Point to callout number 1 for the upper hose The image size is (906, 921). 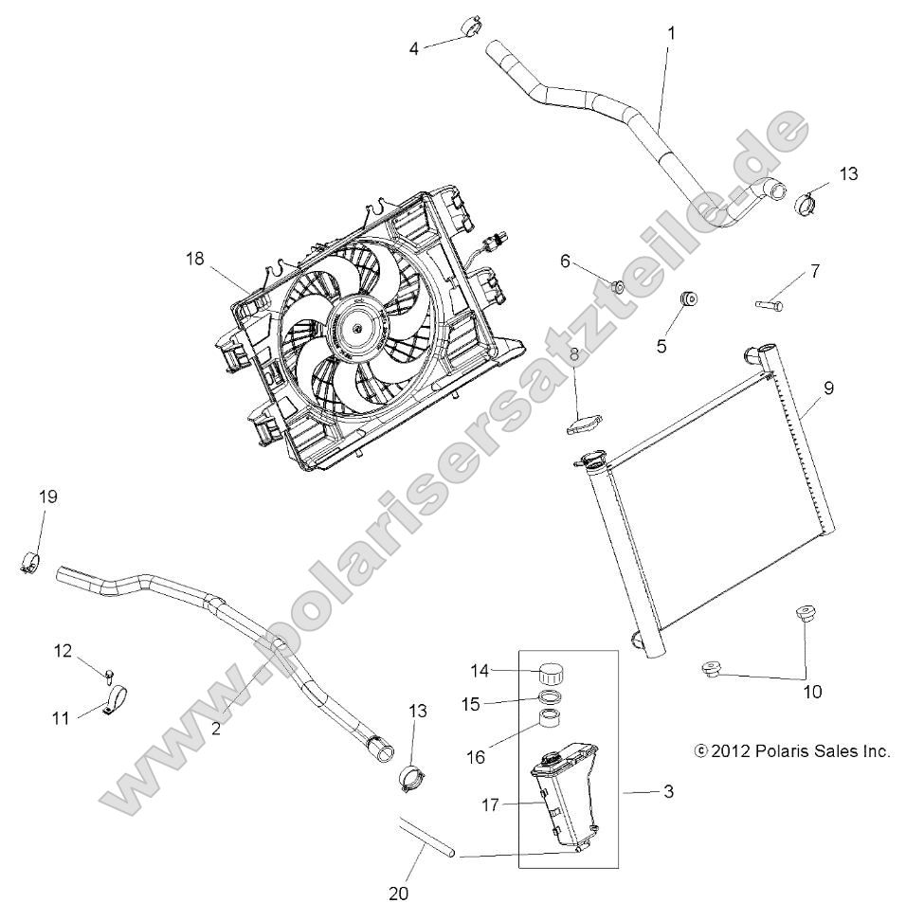pyautogui.click(x=671, y=32)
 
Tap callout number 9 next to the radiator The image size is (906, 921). pyautogui.click(x=827, y=387)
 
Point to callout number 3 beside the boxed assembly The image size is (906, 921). pyautogui.click(x=668, y=791)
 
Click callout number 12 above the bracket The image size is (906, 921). pyautogui.click(x=62, y=651)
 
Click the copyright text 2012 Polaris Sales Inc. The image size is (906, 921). pyautogui.click(x=792, y=751)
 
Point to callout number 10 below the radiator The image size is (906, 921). pyautogui.click(x=812, y=692)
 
